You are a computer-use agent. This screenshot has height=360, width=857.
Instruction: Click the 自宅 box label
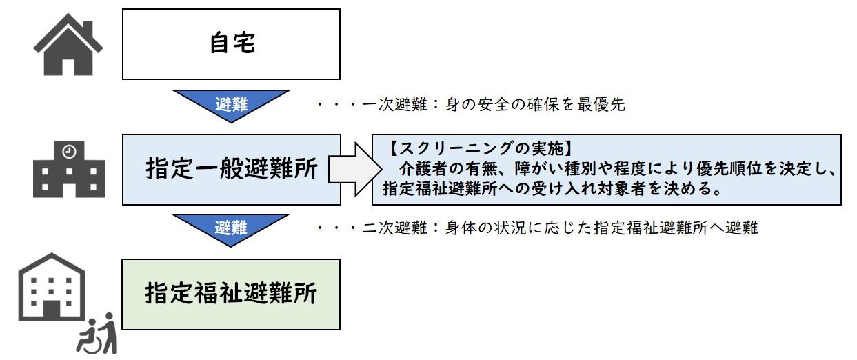point(232,43)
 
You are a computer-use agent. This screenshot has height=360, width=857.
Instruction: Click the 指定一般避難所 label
point(232,170)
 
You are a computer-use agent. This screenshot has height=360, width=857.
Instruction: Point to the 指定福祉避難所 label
point(232,294)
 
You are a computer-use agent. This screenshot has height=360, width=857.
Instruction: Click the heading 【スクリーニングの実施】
point(482,148)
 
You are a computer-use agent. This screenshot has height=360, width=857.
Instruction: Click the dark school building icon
point(69,172)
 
